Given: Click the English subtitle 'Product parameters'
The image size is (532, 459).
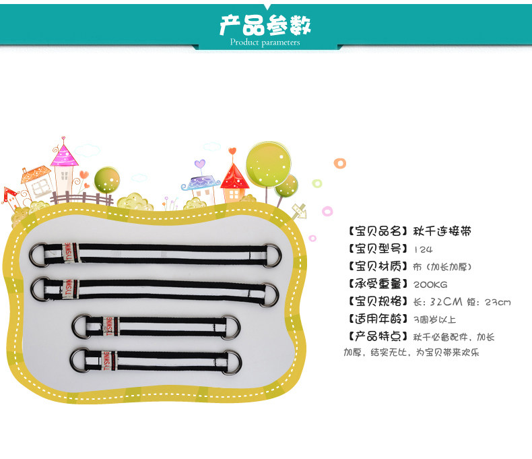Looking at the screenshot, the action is coord(265,42).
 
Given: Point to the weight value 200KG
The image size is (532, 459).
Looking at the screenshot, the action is coord(430,284).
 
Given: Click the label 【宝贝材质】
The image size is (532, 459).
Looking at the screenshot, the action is coord(376,266).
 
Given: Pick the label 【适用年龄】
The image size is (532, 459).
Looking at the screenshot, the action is coord(376,319).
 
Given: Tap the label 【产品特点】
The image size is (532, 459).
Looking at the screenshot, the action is coord(376,337).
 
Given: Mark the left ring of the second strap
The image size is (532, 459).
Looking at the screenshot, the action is coord(41,290).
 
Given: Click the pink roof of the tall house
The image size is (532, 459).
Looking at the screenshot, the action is coord(65,156).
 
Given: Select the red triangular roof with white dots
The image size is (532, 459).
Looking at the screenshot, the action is coord(235,177).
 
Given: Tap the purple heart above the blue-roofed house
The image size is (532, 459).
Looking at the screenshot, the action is coord(199,164).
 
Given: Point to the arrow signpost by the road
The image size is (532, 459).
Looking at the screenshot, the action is coord(298,210).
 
